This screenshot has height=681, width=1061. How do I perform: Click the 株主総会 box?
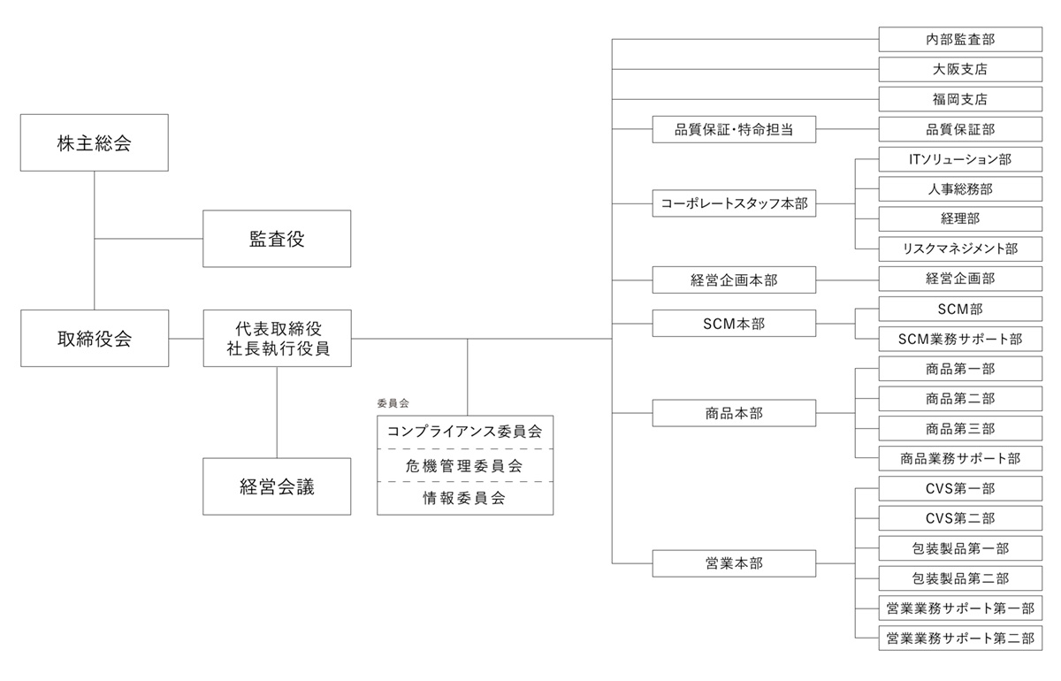point(94,142)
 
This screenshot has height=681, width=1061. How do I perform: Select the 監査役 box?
point(277,238)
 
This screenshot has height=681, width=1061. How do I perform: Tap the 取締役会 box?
point(94,338)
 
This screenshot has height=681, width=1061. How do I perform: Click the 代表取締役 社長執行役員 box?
point(277,338)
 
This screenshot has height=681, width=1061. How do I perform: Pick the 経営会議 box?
point(277,486)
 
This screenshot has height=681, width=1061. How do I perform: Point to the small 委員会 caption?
point(393,403)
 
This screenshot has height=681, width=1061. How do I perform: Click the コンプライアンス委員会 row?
point(465,432)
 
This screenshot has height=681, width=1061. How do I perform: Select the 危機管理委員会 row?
point(465,465)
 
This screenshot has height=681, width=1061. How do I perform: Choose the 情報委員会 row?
point(465,498)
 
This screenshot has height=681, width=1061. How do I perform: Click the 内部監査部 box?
point(960,39)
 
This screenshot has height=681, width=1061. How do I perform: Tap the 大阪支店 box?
point(960,69)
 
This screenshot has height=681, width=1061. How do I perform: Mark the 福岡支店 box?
point(960,99)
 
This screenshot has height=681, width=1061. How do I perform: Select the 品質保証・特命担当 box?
point(734,129)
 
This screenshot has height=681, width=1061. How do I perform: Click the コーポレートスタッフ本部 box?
point(734,203)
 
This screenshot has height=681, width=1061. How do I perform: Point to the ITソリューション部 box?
point(960,159)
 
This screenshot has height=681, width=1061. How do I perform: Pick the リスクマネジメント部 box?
point(960,249)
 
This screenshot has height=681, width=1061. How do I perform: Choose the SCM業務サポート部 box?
point(960,339)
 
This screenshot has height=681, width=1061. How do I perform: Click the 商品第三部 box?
point(960,428)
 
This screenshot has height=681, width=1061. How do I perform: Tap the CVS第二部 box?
point(960,518)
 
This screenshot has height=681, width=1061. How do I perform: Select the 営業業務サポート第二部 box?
point(960,638)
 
